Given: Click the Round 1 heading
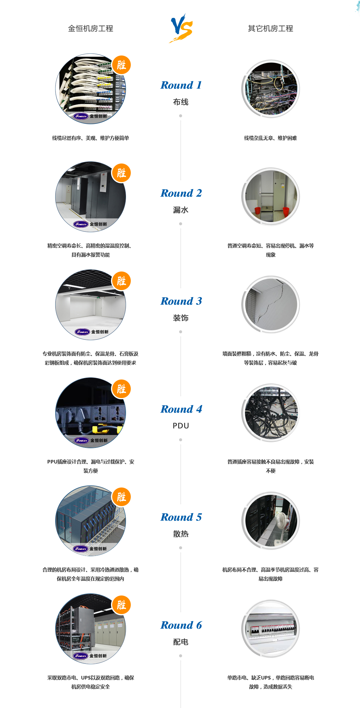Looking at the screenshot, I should click(x=181, y=85).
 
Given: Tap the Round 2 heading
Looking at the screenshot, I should click(x=181, y=193).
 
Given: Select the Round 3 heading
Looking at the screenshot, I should click(x=181, y=301).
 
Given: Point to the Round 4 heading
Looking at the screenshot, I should click(x=181, y=409).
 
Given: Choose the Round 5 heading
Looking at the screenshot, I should click(x=181, y=517).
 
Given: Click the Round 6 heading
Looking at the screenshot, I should click(x=181, y=625).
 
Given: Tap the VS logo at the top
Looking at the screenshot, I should click(x=181, y=27).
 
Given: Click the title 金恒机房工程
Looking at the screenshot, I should click(x=90, y=28).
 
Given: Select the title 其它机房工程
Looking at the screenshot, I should click(x=270, y=28).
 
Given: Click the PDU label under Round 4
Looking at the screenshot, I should click(x=181, y=426).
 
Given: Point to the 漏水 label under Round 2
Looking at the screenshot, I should click(x=181, y=210).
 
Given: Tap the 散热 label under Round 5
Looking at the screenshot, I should click(x=181, y=534).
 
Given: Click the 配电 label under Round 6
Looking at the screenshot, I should click(x=181, y=642).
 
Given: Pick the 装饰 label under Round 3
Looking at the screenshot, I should click(x=181, y=318).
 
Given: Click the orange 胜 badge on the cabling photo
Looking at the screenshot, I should click(x=121, y=65).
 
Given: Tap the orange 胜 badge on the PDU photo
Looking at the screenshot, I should click(x=121, y=389).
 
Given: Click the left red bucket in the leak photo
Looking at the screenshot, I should click(x=257, y=210).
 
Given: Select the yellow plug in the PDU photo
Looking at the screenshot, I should click(x=100, y=429).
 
